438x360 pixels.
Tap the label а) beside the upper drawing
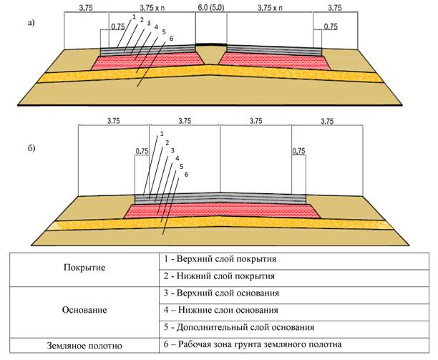click(30, 23)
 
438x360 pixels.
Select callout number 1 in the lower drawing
click(162, 132)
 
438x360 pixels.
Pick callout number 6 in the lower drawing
click(186, 174)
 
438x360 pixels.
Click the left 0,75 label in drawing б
click(142, 152)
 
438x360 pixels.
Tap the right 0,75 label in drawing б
click(299, 152)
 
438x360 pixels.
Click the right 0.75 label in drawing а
click(331, 26)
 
